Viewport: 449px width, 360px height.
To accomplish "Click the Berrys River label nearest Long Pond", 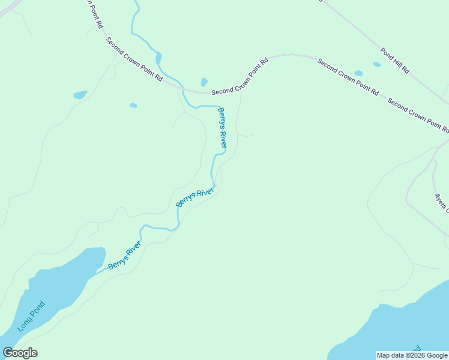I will (x=124, y=256).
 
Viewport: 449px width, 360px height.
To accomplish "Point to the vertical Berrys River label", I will (x=222, y=128).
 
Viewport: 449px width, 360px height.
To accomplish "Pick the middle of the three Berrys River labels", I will (x=195, y=197).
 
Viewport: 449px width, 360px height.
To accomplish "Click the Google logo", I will (x=20, y=353).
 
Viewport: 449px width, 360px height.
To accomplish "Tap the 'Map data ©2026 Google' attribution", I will (x=411, y=355).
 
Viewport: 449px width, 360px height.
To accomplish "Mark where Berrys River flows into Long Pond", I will (x=91, y=276).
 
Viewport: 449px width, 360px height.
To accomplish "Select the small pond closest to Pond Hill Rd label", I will (x=376, y=64).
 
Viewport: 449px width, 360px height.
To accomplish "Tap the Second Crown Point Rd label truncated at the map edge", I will (x=419, y=115).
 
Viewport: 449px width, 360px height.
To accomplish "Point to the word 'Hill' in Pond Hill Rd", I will (x=395, y=62).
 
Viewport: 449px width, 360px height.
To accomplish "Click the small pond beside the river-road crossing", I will (x=204, y=82).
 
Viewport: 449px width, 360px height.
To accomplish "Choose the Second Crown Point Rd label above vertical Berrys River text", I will (x=240, y=77).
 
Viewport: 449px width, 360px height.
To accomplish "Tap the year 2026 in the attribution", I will (x=417, y=355).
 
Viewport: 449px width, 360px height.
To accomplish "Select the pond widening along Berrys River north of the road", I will (x=158, y=58).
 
